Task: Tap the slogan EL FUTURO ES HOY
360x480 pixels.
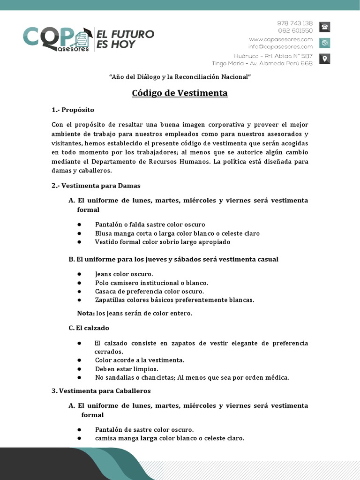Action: [125, 39]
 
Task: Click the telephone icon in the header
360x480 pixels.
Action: [324, 27]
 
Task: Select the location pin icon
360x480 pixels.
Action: [324, 59]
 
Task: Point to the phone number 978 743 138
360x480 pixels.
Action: [295, 23]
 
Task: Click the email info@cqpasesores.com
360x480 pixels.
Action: [281, 46]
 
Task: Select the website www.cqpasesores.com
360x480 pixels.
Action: [281, 39]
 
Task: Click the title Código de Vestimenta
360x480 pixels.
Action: [180, 93]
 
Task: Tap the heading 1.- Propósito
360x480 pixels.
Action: [73, 110]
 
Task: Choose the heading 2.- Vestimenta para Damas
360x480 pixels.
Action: [96, 186]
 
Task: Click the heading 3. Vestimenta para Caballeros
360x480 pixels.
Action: [101, 390]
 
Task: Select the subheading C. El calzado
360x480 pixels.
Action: [89, 328]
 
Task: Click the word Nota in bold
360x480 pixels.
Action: [86, 313]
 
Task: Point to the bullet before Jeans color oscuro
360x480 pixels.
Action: [80, 274]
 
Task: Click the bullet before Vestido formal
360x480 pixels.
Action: [80, 242]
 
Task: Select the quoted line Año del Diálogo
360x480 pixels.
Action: [180, 76]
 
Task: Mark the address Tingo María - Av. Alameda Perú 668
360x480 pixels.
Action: [262, 63]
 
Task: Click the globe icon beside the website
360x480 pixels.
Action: [324, 43]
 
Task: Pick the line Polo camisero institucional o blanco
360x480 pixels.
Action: [151, 283]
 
